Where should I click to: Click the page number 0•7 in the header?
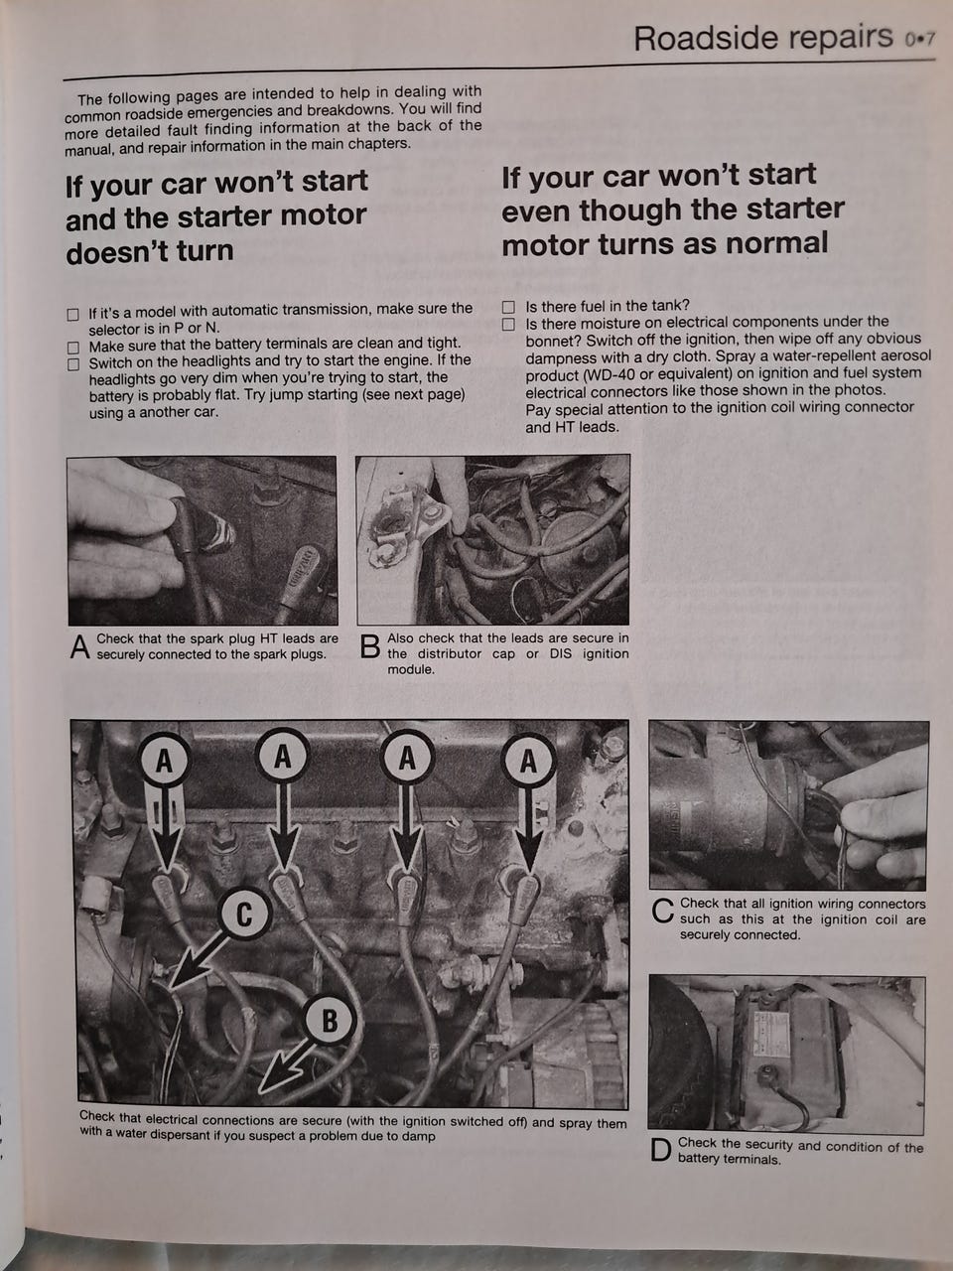[x=920, y=40]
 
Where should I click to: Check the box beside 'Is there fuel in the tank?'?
[x=508, y=306]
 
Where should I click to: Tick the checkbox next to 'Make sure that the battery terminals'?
[x=72, y=348]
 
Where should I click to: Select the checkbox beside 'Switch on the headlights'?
[x=72, y=364]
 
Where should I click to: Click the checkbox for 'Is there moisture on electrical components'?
[x=508, y=324]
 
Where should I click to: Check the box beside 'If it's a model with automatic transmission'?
[x=72, y=315]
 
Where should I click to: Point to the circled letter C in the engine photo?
[x=244, y=914]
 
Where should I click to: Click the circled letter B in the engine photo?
[x=329, y=1020]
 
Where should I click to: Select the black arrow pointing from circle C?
[x=199, y=959]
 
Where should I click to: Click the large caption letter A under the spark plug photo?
[x=79, y=646]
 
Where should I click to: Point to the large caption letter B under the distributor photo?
[x=369, y=646]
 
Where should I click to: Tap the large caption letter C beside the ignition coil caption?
[x=662, y=911]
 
